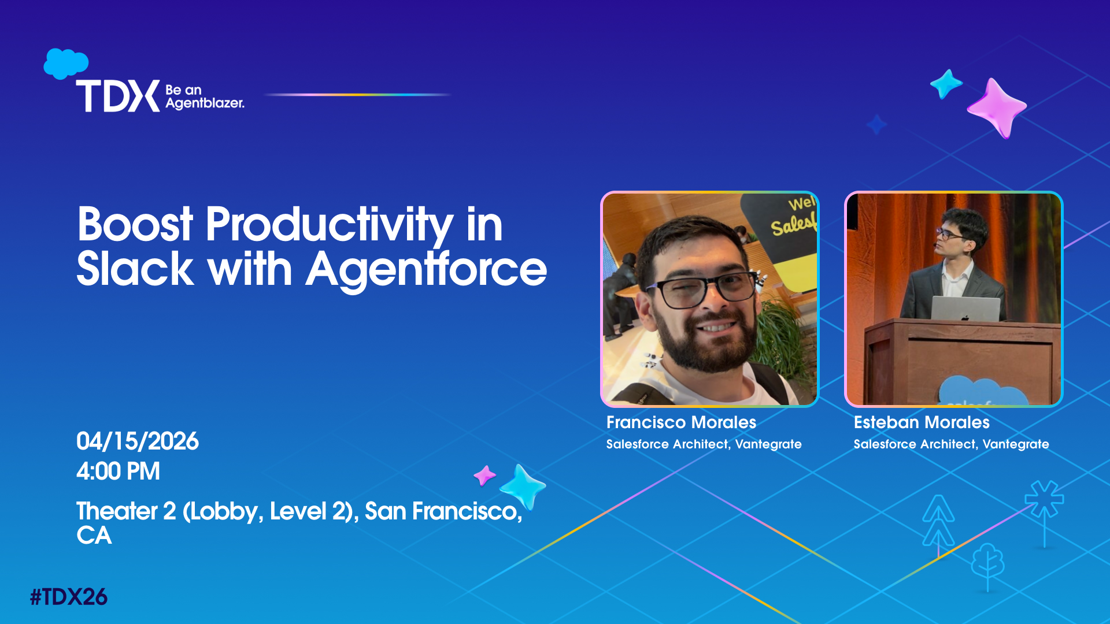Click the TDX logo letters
pyautogui.click(x=118, y=96)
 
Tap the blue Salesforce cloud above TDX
pyautogui.click(x=66, y=63)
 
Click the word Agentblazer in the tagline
pyautogui.click(x=205, y=103)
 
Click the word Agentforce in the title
pyautogui.click(x=426, y=269)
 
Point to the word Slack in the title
pyautogui.click(x=135, y=269)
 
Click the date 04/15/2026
pyautogui.click(x=138, y=441)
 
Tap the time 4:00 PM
pyautogui.click(x=118, y=471)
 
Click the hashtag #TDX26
pyautogui.click(x=68, y=597)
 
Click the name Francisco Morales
pyautogui.click(x=681, y=422)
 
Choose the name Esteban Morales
pyautogui.click(x=922, y=422)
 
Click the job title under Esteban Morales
pyautogui.click(x=951, y=444)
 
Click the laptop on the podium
pyautogui.click(x=965, y=309)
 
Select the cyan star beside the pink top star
pyautogui.click(x=946, y=84)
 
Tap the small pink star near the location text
pyautogui.click(x=484, y=476)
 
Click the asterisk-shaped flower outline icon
pyautogui.click(x=1044, y=499)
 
